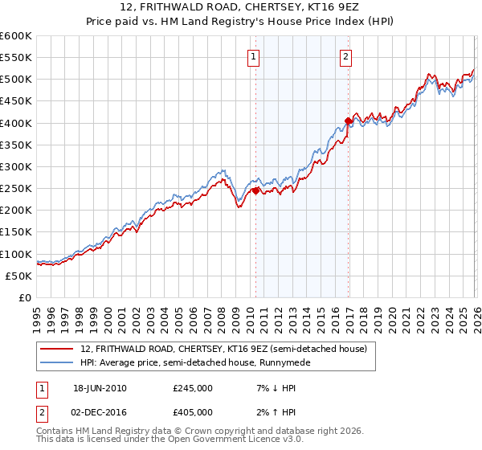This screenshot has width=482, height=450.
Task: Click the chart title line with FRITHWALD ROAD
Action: (x=240, y=8)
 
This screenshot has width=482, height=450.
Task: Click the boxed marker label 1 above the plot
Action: (x=254, y=56)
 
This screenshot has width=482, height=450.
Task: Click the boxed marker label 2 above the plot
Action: (x=345, y=56)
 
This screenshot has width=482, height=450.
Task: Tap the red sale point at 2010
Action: (x=255, y=191)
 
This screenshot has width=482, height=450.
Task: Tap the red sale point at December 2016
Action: (x=348, y=121)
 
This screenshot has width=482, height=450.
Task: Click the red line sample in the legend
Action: (x=58, y=349)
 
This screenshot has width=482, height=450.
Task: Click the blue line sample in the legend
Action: (x=58, y=362)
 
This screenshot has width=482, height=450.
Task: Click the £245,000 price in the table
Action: (x=193, y=388)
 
